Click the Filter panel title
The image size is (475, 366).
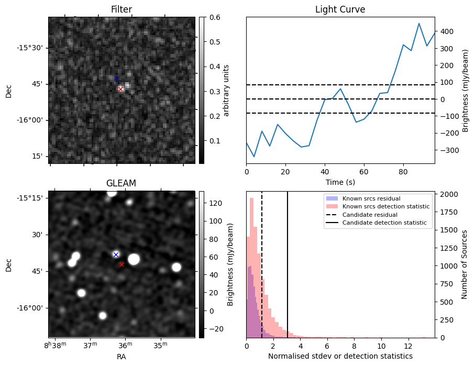[x=121, y=9]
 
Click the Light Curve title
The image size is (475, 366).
[x=340, y=9]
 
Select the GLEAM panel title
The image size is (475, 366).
[x=121, y=183]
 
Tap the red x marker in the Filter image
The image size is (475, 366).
[x=121, y=89]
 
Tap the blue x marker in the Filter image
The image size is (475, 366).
[x=116, y=79]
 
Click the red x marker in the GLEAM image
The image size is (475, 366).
[x=121, y=264]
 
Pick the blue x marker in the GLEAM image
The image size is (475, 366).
[x=116, y=254]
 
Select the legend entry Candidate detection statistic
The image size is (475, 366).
[x=384, y=223]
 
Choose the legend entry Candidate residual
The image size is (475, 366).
[x=369, y=215]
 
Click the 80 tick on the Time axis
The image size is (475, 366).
[x=403, y=171]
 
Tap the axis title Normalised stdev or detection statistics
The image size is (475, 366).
[x=340, y=356]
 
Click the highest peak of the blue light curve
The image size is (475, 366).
[x=419, y=24]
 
